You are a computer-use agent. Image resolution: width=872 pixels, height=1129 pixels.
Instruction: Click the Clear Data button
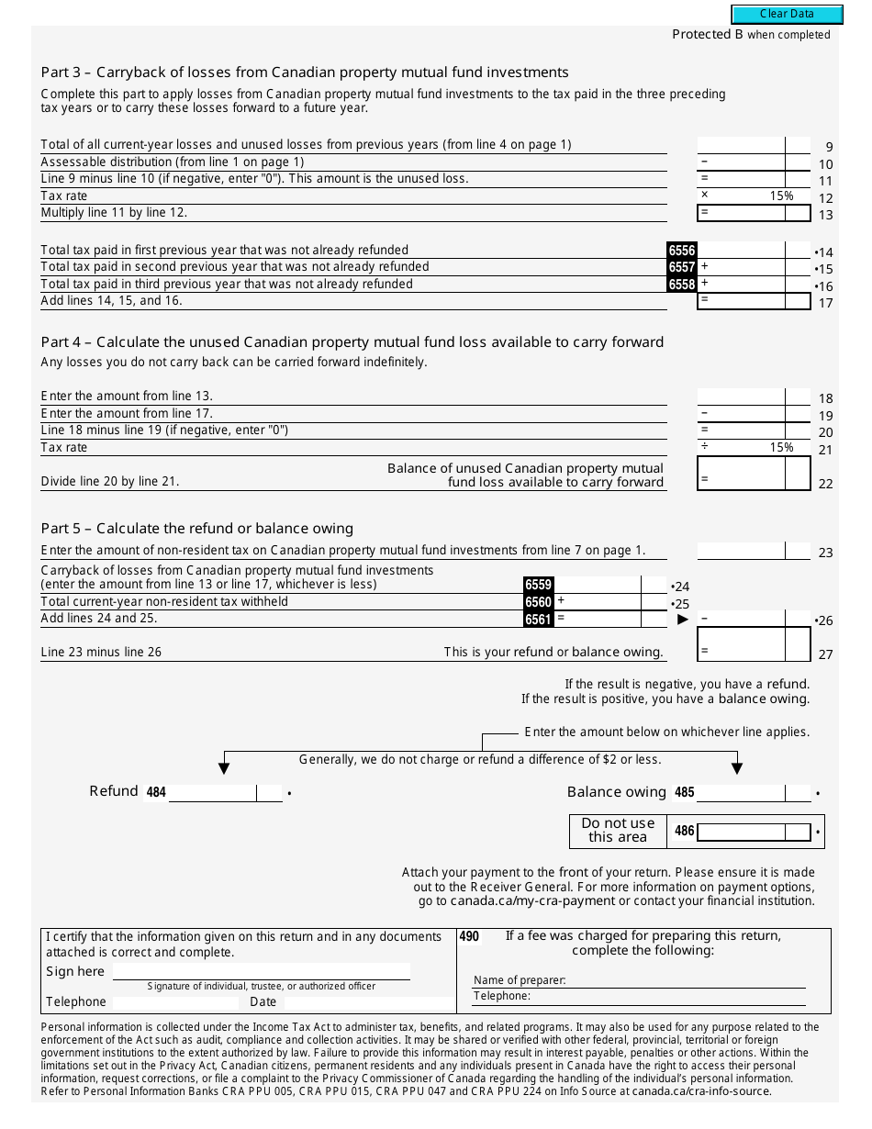pos(787,14)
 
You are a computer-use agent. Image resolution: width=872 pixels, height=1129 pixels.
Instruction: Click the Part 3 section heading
pos(305,73)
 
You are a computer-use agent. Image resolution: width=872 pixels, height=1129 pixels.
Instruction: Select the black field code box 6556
pos(682,251)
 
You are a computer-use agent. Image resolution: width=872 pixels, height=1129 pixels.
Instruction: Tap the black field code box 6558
pos(682,285)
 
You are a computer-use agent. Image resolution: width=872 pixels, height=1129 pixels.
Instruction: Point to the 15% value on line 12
pos(781,196)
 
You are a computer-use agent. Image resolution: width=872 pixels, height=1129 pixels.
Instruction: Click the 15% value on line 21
pos(781,448)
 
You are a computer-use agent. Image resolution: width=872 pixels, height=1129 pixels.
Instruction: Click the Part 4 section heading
pos(352,342)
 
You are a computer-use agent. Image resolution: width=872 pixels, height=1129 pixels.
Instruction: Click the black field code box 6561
pos(538,620)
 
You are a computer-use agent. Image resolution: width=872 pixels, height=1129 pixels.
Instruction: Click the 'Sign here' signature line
pos(261,972)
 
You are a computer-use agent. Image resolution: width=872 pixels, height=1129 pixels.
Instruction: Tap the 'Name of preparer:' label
pos(520,980)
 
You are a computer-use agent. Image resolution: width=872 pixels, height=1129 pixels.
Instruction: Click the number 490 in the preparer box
pos(469,937)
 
